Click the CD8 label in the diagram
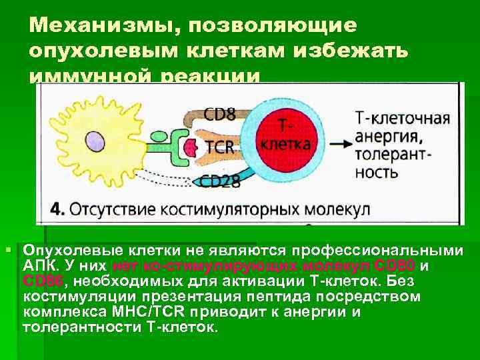[x=219, y=114]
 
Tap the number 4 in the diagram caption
[x=58, y=209]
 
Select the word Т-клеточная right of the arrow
[x=402, y=119]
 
